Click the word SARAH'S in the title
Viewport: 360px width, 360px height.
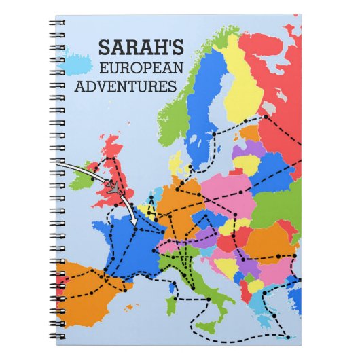pos(141,47)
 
